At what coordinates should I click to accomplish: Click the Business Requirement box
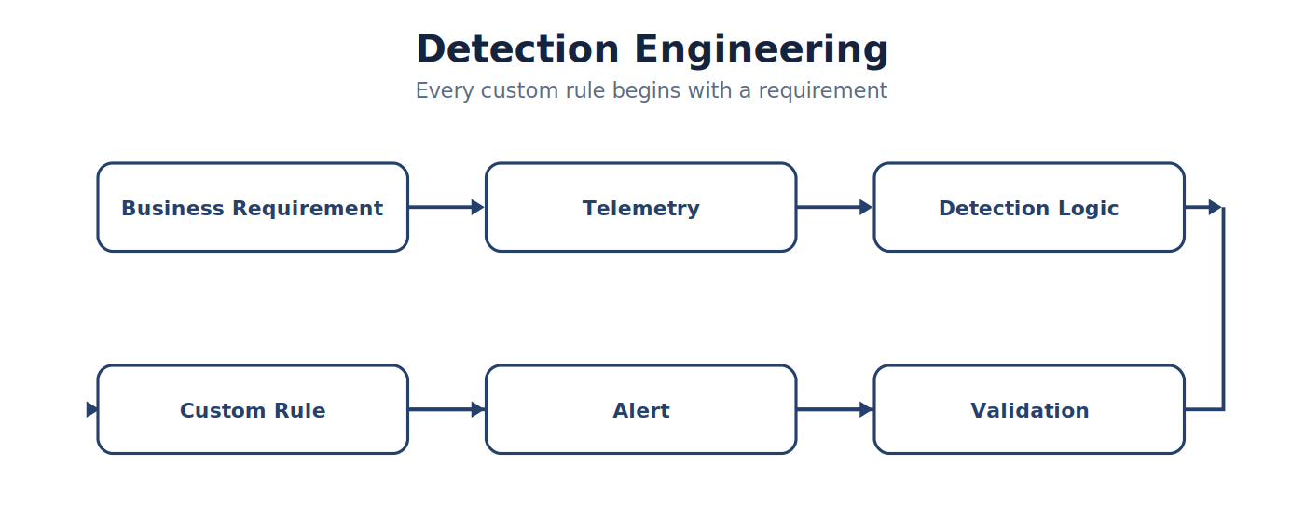point(253,207)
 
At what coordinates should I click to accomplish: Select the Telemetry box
point(641,207)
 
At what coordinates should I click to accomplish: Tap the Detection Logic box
point(1029,207)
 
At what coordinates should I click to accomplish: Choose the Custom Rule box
point(253,409)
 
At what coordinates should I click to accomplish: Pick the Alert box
point(641,409)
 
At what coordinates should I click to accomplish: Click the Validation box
point(1029,409)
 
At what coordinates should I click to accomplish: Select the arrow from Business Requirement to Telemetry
point(446,207)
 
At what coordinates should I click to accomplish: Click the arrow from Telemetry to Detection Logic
point(835,207)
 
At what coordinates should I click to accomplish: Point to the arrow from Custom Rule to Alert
point(446,409)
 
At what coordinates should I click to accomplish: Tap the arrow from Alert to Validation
point(835,409)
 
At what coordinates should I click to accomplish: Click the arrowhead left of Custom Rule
point(91,409)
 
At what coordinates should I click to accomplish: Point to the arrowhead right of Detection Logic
point(1215,207)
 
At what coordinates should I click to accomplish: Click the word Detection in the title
point(517,48)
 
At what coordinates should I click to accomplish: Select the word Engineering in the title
point(762,50)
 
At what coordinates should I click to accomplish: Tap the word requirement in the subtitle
point(822,91)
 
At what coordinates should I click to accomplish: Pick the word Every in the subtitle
point(445,91)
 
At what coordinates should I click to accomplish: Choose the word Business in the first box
point(172,207)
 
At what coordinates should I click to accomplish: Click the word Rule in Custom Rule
point(299,410)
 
